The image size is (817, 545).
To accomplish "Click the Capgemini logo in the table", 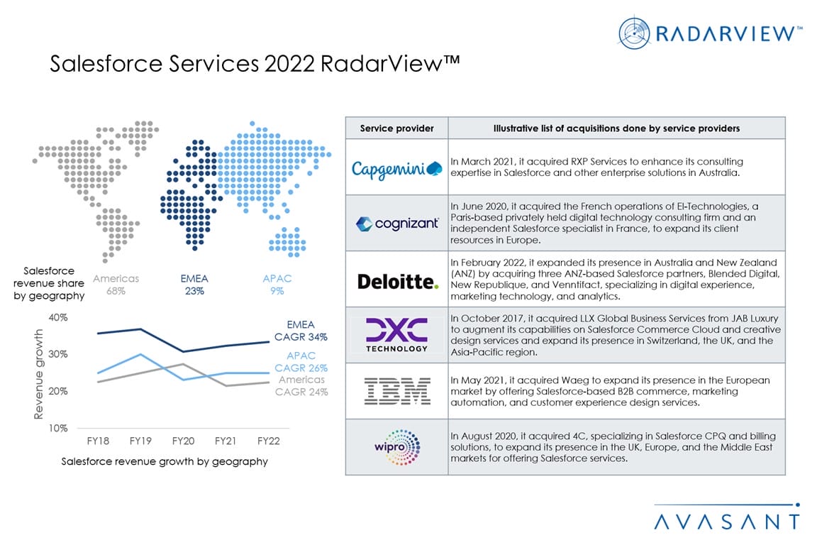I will coord(396,168).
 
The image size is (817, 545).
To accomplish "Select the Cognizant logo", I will coord(396,224).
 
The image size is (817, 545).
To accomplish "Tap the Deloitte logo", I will coord(397,281).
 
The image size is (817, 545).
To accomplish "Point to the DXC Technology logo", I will coord(396,335).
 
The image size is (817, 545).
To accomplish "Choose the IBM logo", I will coord(396,391).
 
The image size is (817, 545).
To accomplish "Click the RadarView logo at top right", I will coord(709,33).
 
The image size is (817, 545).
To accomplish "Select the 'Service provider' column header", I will coord(396,128).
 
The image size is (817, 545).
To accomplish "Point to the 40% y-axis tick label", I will coord(58,317).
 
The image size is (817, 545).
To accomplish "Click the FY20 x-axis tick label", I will coord(184,441).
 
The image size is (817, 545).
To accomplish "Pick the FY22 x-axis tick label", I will coord(269,441).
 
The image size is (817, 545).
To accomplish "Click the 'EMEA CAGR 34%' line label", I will coord(301,331).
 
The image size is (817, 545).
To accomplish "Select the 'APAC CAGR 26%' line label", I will coord(301,361).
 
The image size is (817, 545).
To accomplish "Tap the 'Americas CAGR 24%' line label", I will coord(301,386).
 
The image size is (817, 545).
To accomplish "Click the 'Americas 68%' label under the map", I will coord(116,285).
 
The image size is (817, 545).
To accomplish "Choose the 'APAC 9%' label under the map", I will coord(277,285).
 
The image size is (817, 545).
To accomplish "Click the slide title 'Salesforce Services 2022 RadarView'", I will coord(255,64).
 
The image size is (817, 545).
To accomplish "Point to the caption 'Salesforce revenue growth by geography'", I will coord(165,461).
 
